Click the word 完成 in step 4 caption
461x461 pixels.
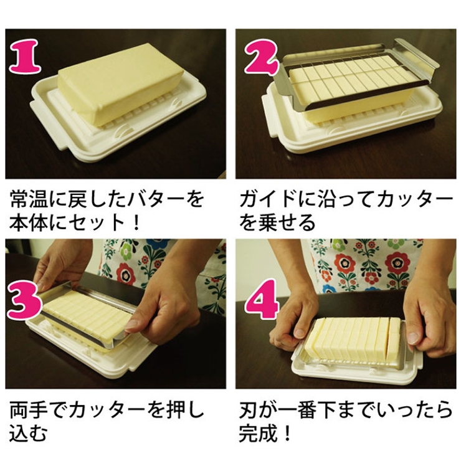coord(260,434)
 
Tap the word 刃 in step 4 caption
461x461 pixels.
coord(249,411)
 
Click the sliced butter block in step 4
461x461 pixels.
coord(355,340)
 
